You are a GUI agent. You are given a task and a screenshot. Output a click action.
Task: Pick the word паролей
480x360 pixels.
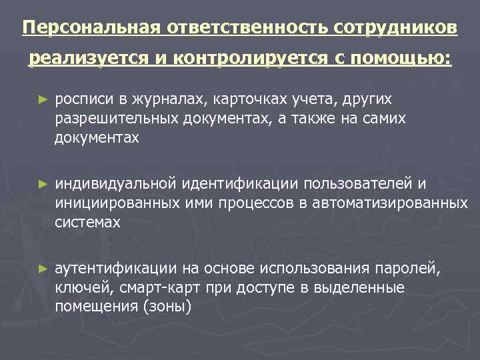point(411,268)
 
